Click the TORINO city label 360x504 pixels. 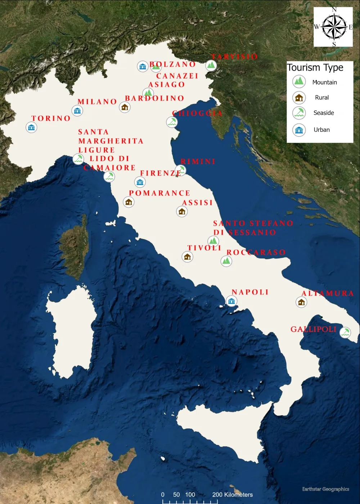pyautogui.click(x=51, y=118)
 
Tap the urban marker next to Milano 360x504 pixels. pyautogui.click(x=77, y=111)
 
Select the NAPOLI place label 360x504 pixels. pyautogui.click(x=250, y=292)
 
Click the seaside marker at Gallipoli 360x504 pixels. pyautogui.click(x=345, y=332)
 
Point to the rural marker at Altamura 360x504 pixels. pyautogui.click(x=301, y=302)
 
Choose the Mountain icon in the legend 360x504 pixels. pyautogui.click(x=299, y=81)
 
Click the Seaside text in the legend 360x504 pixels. pyautogui.click(x=324, y=113)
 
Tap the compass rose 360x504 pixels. pyautogui.click(x=334, y=27)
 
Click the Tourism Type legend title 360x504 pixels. pyautogui.click(x=315, y=67)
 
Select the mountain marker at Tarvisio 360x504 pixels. pyautogui.click(x=211, y=65)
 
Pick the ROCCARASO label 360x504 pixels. pyautogui.click(x=256, y=252)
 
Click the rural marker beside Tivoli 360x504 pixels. pyautogui.click(x=187, y=257)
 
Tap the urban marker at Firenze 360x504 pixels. pyautogui.click(x=140, y=182)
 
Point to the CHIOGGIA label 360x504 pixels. pyautogui.click(x=197, y=113)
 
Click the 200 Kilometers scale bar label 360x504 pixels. pyautogui.click(x=233, y=494)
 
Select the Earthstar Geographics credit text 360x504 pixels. pyautogui.click(x=325, y=489)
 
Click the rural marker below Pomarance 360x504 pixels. pyautogui.click(x=129, y=202)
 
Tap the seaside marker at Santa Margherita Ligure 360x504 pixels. pyautogui.click(x=78, y=159)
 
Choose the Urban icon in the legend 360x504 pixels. pyautogui.click(x=299, y=130)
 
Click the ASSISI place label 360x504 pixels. pyautogui.click(x=197, y=203)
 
